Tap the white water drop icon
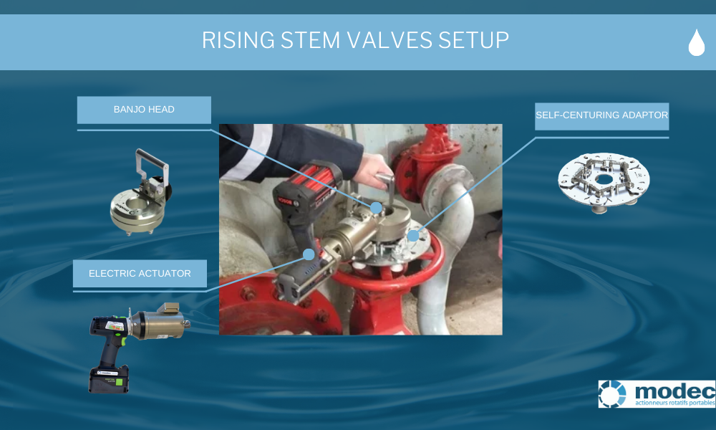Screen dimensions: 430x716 click(x=696, y=43)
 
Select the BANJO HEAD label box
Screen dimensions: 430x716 click(x=144, y=110)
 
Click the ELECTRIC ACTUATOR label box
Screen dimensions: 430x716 click(x=140, y=273)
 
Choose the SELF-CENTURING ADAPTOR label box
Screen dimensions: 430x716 click(x=601, y=115)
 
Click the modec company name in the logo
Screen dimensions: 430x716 click(x=672, y=391)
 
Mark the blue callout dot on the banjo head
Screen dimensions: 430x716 click(x=376, y=207)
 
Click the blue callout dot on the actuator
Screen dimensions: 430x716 click(x=309, y=254)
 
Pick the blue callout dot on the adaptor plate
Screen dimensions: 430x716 click(x=413, y=234)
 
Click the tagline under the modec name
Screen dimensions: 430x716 click(x=672, y=403)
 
